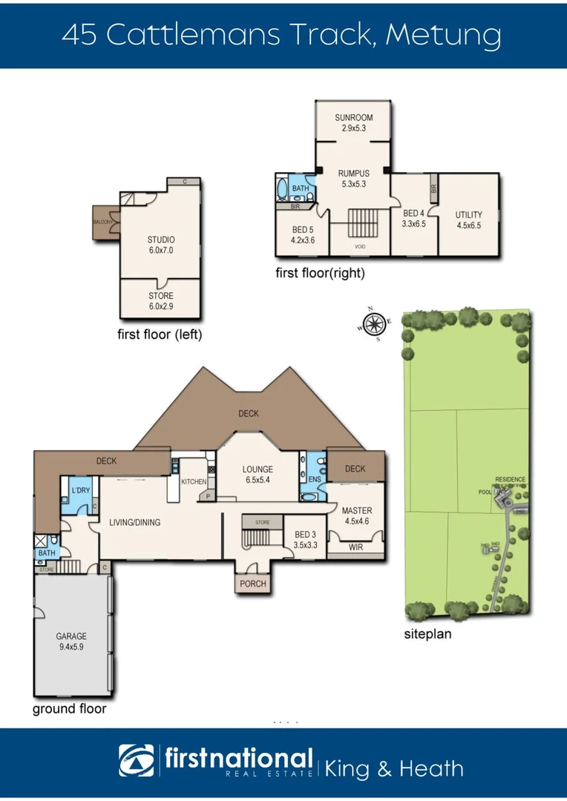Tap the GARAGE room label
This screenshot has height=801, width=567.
point(71,636)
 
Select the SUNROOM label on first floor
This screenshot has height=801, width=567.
point(353,118)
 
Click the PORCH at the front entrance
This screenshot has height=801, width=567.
point(252,584)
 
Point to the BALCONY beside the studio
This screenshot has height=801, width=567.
point(102,222)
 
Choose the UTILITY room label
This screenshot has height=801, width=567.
point(468,215)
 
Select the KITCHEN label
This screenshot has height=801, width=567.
point(194,482)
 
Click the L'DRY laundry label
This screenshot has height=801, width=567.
point(79,490)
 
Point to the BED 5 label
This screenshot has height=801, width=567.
point(303,229)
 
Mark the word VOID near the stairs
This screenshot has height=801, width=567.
point(360,246)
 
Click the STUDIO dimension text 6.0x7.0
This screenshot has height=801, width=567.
point(161,251)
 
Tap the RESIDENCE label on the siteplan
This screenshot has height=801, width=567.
point(510,479)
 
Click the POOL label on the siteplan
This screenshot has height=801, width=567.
point(486,492)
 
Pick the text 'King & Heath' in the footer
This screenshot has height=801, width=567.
point(393,768)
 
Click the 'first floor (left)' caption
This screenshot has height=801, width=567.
point(160,334)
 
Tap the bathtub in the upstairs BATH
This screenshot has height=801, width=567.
point(282,189)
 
